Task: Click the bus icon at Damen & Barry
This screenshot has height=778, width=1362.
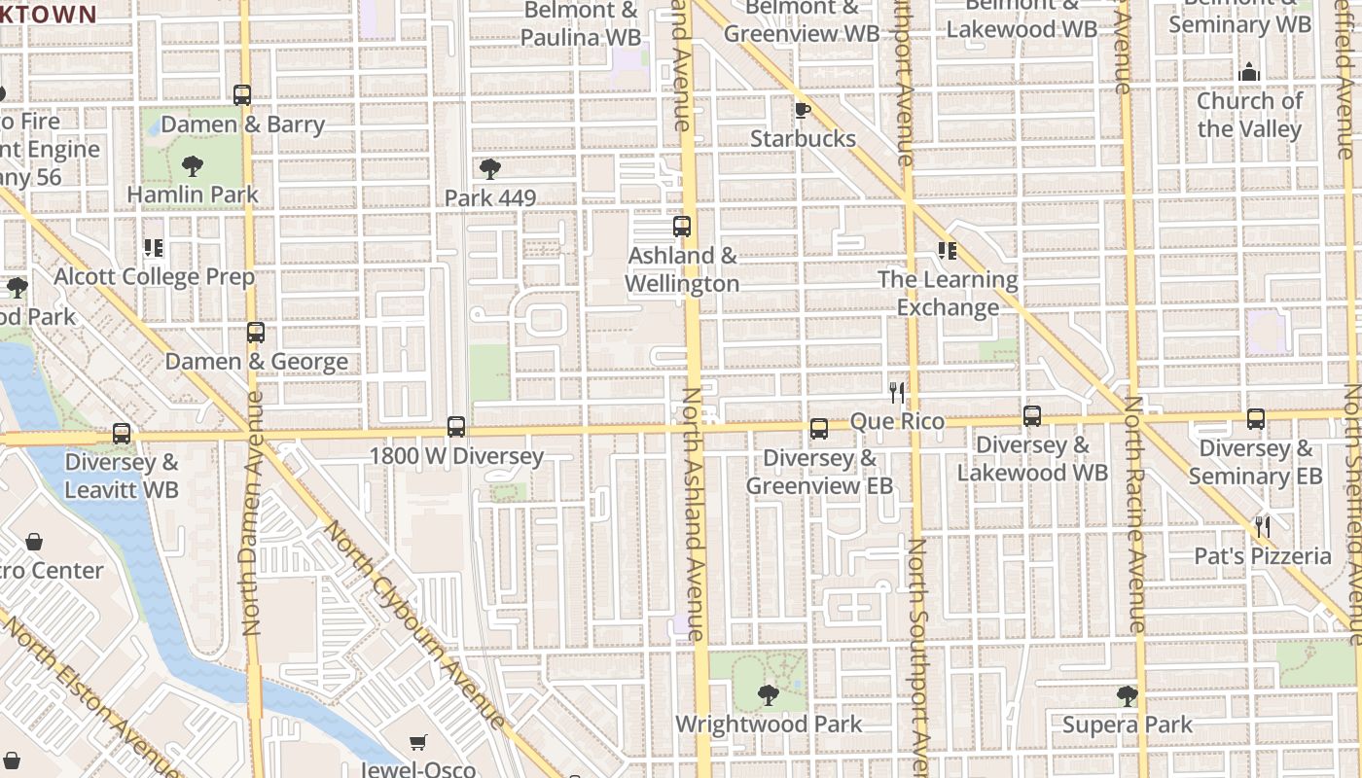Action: point(242,95)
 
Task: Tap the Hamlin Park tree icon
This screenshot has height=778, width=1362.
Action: point(193,166)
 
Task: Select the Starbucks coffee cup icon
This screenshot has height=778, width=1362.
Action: point(802,110)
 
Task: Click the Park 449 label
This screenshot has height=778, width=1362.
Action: point(490,198)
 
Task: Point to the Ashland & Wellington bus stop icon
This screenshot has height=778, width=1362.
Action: point(682,227)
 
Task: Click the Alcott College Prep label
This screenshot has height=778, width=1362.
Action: point(154,277)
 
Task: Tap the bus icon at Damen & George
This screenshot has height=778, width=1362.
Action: point(256,333)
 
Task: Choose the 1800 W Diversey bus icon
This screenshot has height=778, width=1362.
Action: point(456,427)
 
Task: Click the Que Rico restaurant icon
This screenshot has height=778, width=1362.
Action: point(897,393)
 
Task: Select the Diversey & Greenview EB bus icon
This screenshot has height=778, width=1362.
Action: point(819,429)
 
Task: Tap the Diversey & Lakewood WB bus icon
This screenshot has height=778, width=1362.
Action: point(1032,416)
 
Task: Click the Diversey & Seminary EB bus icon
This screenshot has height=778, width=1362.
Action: point(1256,419)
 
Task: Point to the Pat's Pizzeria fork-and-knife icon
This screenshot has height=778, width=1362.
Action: point(1263,527)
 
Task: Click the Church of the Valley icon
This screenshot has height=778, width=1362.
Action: point(1249,72)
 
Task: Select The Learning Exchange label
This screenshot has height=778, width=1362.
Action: point(948,294)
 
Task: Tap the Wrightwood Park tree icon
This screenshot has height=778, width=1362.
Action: point(768,694)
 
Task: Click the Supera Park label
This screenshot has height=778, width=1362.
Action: point(1127,725)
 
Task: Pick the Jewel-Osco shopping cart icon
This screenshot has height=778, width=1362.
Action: point(418,743)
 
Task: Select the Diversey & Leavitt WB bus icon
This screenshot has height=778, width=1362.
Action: point(122,434)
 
